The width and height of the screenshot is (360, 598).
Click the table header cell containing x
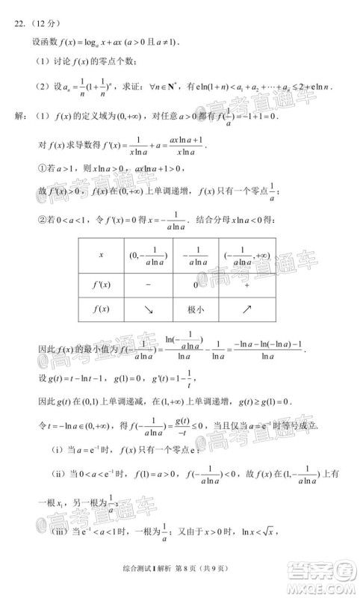click(102, 255)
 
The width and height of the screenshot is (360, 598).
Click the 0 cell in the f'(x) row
click(195, 285)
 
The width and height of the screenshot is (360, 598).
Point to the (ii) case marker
click(58, 474)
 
